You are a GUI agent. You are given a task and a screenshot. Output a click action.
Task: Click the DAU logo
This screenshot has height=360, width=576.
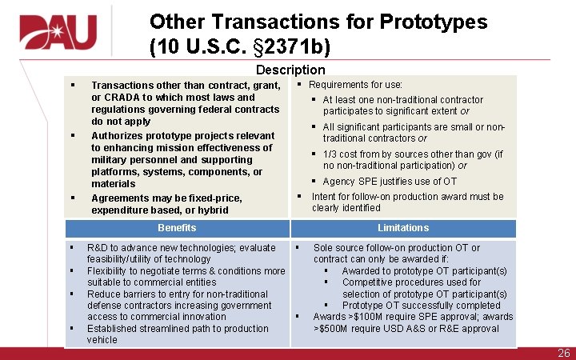(56, 31)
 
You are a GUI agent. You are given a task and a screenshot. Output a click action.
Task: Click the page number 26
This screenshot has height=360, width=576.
(563, 353)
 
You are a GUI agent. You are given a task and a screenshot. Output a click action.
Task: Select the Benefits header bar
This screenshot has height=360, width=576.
(177, 228)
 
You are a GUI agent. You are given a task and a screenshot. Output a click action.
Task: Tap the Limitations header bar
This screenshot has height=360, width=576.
(403, 228)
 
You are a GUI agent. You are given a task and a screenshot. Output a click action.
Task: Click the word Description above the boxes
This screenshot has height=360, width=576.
(290, 70)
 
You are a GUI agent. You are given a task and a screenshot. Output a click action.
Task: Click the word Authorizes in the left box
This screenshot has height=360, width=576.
(118, 135)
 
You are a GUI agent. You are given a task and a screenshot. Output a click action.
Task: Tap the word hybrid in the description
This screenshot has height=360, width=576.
(213, 210)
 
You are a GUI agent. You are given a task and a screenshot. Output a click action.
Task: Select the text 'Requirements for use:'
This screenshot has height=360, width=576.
(355, 85)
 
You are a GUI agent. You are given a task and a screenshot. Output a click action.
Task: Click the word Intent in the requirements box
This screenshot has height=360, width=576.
(324, 197)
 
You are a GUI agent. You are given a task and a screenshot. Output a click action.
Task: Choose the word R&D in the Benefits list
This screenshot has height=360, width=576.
(99, 248)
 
